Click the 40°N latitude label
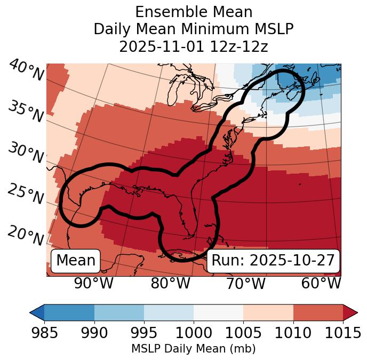(26, 71)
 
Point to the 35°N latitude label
(26, 112)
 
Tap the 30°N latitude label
(26, 153)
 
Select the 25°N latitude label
(26, 194)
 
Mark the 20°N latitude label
(26, 236)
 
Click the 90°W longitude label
(93, 283)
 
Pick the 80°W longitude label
(170, 283)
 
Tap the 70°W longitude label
(245, 283)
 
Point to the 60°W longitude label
(321, 283)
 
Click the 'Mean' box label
(76, 261)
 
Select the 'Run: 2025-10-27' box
(273, 261)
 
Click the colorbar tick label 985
(44, 333)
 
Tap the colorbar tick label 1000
(194, 333)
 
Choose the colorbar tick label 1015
(342, 333)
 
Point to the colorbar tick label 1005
(243, 333)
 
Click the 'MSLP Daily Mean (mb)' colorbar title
(193, 349)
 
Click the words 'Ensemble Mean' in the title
(194, 12)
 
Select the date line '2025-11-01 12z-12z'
(194, 46)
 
